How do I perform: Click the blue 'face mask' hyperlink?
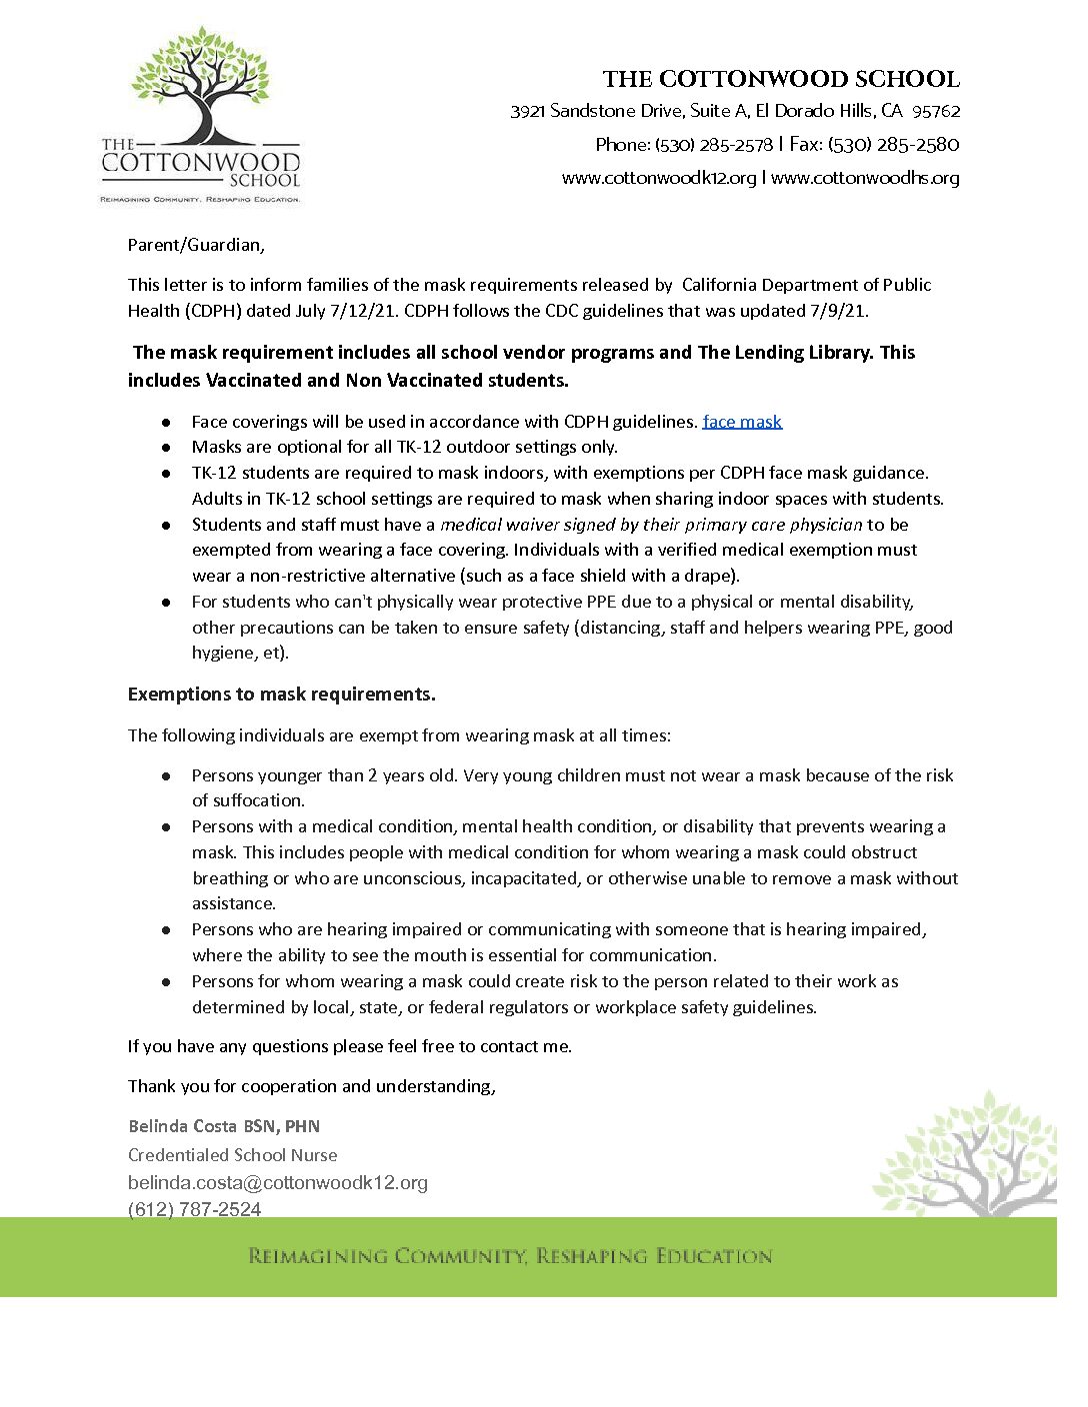(742, 422)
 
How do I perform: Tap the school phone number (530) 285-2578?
(714, 145)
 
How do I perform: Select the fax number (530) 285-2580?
(893, 145)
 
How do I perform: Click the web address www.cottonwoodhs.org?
(865, 178)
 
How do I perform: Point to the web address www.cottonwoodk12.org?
(659, 178)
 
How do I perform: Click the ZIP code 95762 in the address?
(936, 111)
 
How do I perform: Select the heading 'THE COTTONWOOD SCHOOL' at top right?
(781, 79)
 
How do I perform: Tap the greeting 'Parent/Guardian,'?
(196, 245)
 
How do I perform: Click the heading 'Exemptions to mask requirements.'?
(282, 695)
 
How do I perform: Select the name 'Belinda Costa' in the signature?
(182, 1126)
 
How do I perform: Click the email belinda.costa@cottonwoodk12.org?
(278, 1182)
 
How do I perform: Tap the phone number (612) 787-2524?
(195, 1209)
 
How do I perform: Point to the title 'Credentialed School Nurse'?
(233, 1155)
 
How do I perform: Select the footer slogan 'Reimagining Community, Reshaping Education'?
(510, 1256)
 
